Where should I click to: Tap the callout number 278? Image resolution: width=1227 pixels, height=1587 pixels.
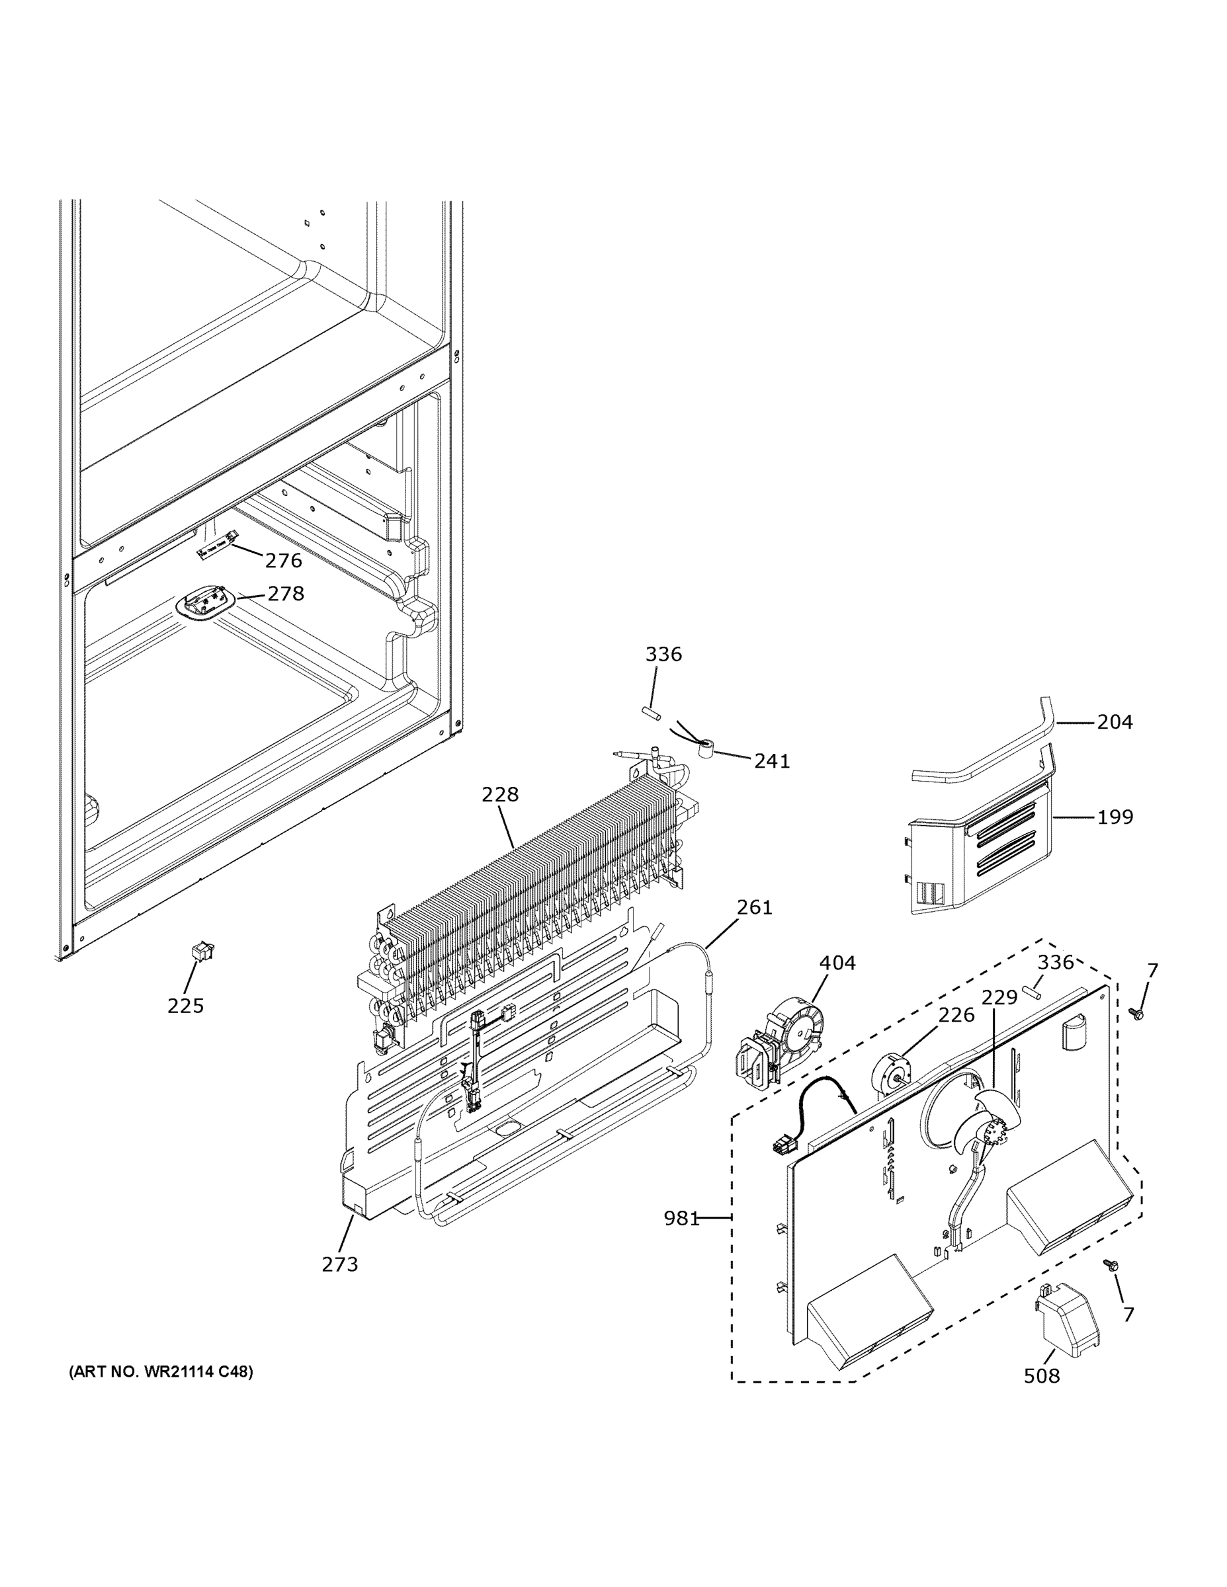click(x=286, y=594)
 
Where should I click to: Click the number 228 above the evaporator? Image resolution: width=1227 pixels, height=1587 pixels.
click(x=500, y=794)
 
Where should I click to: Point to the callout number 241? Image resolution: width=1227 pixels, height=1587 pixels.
click(x=771, y=761)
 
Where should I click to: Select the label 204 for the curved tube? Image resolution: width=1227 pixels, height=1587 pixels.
click(x=1115, y=721)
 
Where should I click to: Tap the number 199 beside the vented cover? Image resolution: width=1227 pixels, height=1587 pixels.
click(x=1115, y=817)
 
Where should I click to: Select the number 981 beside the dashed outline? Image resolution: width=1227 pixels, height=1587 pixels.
click(x=681, y=1218)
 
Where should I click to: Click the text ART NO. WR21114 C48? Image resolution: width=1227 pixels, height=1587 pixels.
click(x=161, y=1372)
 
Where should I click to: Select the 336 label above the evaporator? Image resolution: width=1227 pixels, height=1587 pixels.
click(x=663, y=654)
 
